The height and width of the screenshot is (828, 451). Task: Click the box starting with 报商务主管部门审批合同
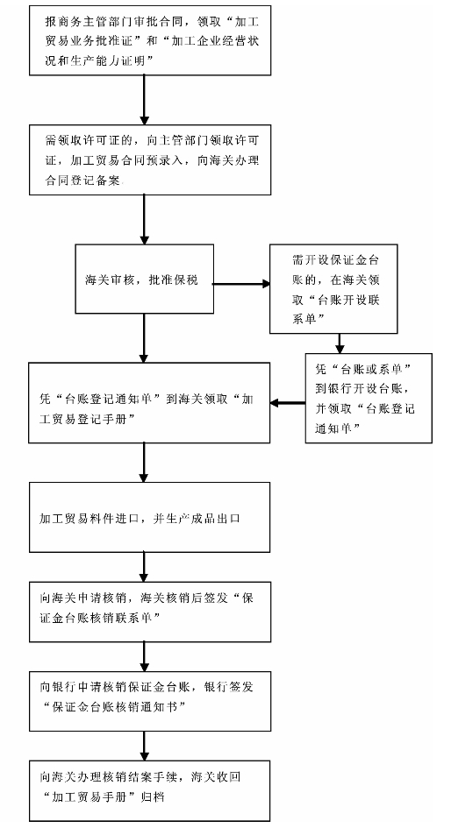(150, 39)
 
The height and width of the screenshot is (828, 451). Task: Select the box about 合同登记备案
(150, 159)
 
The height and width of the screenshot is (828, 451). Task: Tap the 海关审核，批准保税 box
(145, 279)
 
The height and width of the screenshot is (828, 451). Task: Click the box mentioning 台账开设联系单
(333, 288)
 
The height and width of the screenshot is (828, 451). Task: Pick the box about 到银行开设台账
(369, 398)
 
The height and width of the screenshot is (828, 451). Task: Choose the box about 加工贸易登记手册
(149, 402)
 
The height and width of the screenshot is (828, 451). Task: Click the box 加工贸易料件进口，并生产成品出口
(149, 517)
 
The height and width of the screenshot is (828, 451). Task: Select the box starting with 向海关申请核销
(150, 612)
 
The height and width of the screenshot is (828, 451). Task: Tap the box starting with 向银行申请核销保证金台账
(150, 701)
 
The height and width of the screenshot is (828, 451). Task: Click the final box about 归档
(150, 790)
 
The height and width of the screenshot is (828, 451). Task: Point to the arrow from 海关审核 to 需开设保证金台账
(241, 284)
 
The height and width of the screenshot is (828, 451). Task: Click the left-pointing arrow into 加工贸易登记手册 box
(288, 403)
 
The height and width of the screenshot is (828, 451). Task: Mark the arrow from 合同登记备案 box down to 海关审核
(144, 219)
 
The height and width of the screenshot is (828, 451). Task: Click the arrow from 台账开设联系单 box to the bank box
(340, 343)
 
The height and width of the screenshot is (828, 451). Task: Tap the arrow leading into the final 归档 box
(144, 746)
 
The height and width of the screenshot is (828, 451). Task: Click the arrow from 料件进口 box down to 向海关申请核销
(144, 567)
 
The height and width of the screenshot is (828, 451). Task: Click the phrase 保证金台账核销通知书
(115, 707)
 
